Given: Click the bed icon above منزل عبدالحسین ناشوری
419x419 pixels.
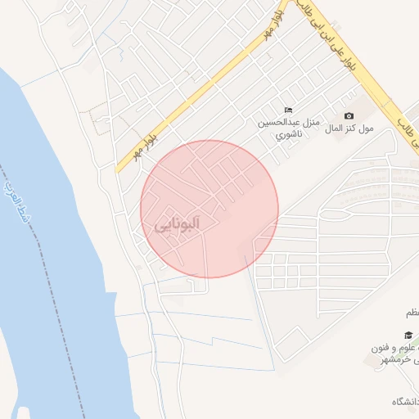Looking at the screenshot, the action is (287, 110).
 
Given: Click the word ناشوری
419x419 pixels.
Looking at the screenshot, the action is (287, 133).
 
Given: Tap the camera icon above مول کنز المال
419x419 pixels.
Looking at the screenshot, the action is (349, 116).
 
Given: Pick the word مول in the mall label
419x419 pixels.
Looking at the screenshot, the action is (366, 128).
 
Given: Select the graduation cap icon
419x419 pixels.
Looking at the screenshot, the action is (408, 336).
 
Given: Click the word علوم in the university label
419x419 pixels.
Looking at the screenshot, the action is (408, 349).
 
